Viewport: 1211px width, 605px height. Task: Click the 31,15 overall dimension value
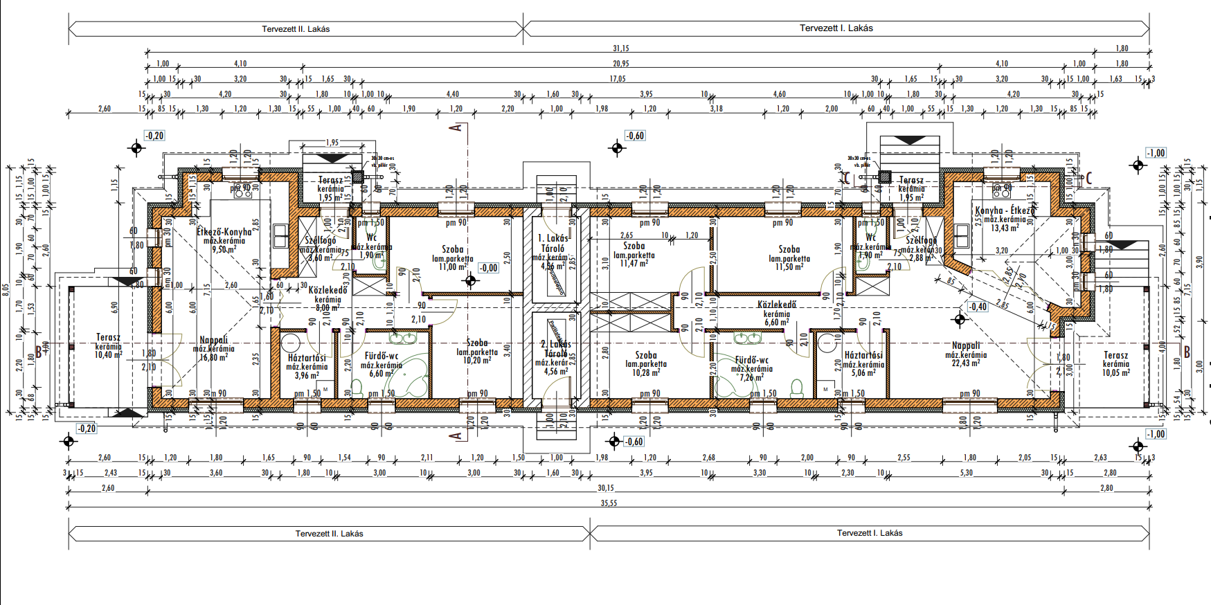click(x=620, y=48)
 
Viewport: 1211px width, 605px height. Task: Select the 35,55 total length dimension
click(x=609, y=503)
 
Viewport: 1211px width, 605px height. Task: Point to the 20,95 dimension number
click(x=620, y=64)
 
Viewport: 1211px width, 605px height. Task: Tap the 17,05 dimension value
click(x=617, y=79)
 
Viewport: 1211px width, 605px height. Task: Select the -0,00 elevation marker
click(x=488, y=268)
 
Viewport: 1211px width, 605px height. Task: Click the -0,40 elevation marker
click(x=977, y=307)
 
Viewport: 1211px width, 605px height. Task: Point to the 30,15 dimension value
click(x=605, y=488)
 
